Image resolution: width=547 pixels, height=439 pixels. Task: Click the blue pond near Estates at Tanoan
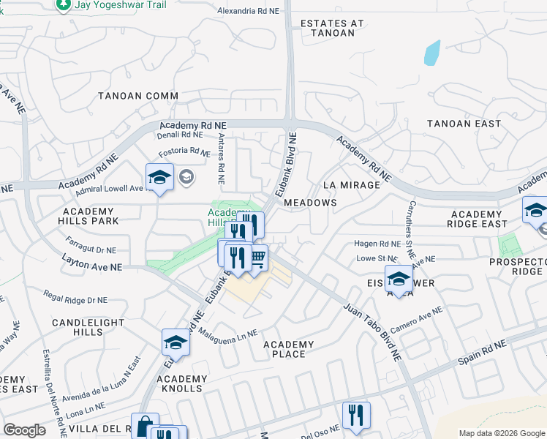click(431, 52)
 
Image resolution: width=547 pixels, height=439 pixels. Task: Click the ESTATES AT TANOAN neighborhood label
click(332, 28)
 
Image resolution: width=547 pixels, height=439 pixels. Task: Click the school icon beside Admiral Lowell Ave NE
click(159, 176)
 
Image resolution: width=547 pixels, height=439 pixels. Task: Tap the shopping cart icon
click(257, 258)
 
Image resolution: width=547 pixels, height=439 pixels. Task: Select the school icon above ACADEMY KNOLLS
click(176, 341)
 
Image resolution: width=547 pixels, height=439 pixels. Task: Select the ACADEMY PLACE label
click(288, 349)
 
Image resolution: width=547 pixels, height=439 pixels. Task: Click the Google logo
click(24, 430)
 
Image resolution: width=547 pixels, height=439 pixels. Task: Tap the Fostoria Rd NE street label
click(184, 152)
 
